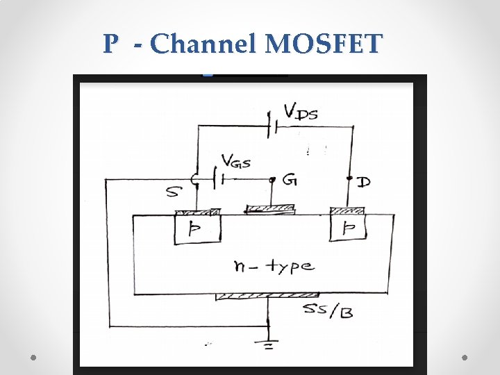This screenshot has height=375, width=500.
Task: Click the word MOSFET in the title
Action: click(x=324, y=44)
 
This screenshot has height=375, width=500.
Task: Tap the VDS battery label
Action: click(x=301, y=111)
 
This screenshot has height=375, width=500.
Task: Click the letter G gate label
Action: click(x=290, y=181)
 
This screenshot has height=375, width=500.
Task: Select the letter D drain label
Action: click(x=362, y=182)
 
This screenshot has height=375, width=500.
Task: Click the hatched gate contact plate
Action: click(x=271, y=208)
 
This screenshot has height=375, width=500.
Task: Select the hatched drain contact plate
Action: click(x=349, y=210)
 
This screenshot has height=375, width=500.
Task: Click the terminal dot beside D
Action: click(x=350, y=179)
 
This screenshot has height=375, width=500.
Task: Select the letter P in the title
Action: click(x=110, y=44)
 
